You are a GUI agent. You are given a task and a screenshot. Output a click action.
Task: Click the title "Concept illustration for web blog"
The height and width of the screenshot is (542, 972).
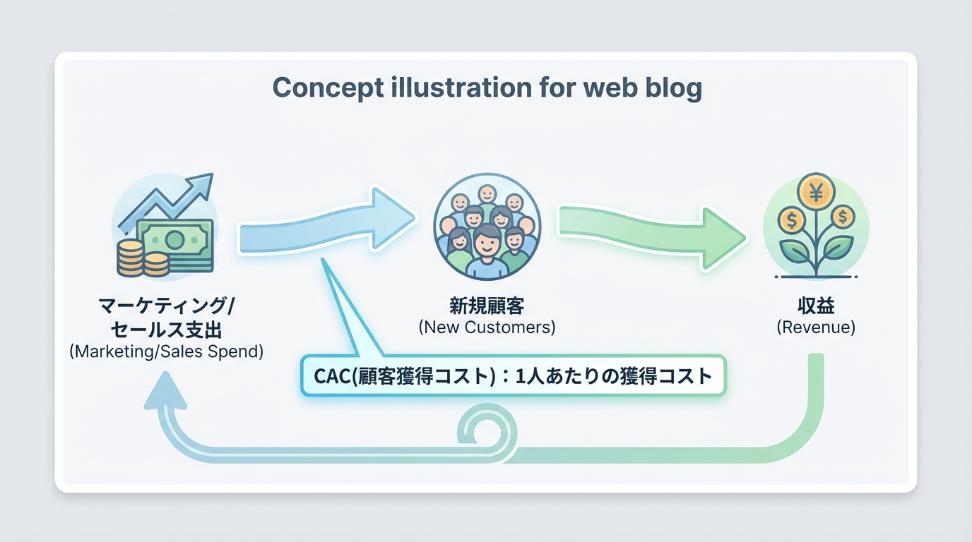[487, 88]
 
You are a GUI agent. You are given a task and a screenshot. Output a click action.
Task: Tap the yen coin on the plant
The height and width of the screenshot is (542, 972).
[815, 191]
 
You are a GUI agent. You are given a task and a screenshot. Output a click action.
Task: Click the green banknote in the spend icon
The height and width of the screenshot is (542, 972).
[175, 241]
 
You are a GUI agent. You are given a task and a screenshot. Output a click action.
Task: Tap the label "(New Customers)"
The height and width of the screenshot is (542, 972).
[487, 327]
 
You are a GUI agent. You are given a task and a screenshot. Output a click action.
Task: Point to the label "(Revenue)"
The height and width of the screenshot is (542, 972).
[816, 327]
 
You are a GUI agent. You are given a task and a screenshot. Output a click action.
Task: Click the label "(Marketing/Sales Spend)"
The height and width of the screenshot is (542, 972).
[167, 351]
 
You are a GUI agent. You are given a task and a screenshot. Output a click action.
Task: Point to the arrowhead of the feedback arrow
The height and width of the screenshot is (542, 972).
[165, 393]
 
